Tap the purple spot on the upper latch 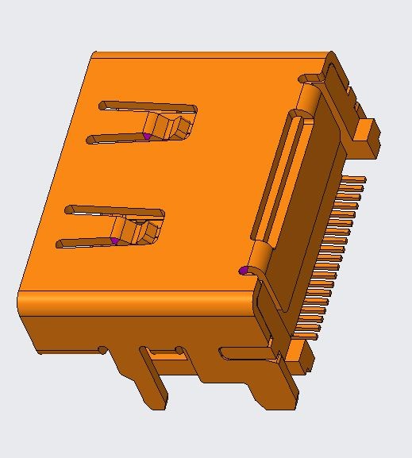click(147, 137)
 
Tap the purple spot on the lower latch click(114, 241)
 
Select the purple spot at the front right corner click(243, 271)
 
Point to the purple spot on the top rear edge click(243, 57)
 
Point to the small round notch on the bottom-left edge click(102, 348)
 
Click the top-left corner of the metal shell click(94, 56)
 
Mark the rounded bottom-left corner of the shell click(24, 305)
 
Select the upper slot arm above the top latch click(147, 106)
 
